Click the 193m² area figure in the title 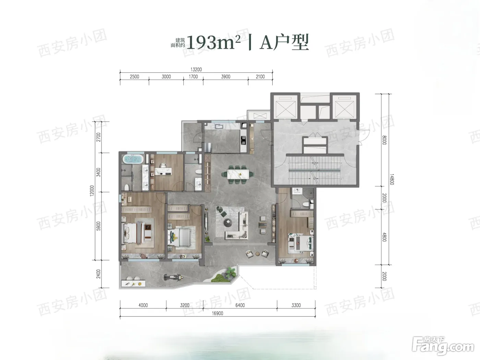pos(214,43)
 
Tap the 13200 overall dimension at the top pos(196,70)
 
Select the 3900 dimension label pos(226,77)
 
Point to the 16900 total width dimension pos(218,313)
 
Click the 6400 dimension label pos(240,305)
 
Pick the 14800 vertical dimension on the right pos(392,179)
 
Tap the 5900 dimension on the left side pos(99,226)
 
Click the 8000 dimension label pos(384,140)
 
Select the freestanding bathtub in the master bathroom pos(133,159)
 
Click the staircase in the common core pos(314,170)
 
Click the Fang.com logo pos(443,346)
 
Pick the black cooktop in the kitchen pos(243,140)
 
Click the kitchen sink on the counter pos(218,127)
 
